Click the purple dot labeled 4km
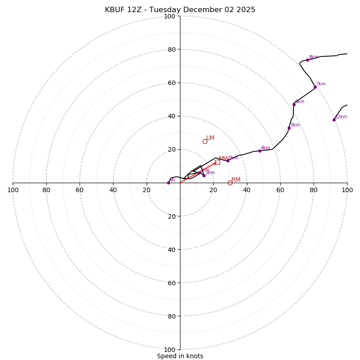pyautogui.click(x=260, y=151)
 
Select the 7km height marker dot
pyautogui.click(x=315, y=87)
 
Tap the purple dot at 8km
pyautogui.click(x=307, y=60)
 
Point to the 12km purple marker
pyautogui.click(x=334, y=120)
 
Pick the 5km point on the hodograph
pyautogui.click(x=289, y=128)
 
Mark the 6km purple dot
pyautogui.click(x=294, y=104)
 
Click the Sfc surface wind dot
pyautogui.click(x=168, y=183)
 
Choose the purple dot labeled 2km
pyautogui.click(x=204, y=175)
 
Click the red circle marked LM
pyautogui.click(x=205, y=141)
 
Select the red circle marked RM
pyautogui.click(x=230, y=183)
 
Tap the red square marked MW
pyautogui.click(x=217, y=162)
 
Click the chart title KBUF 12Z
pyautogui.click(x=180, y=10)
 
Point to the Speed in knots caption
pyautogui.click(x=180, y=356)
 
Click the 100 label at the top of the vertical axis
pyautogui.click(x=170, y=17)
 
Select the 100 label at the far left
pyautogui.click(x=13, y=190)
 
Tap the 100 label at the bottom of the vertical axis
pyautogui.click(x=170, y=350)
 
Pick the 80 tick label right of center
pyautogui.click(x=314, y=190)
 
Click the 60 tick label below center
pyautogui.click(x=171, y=283)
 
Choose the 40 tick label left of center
pyautogui.click(x=113, y=190)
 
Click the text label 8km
pyautogui.click(x=313, y=57)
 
